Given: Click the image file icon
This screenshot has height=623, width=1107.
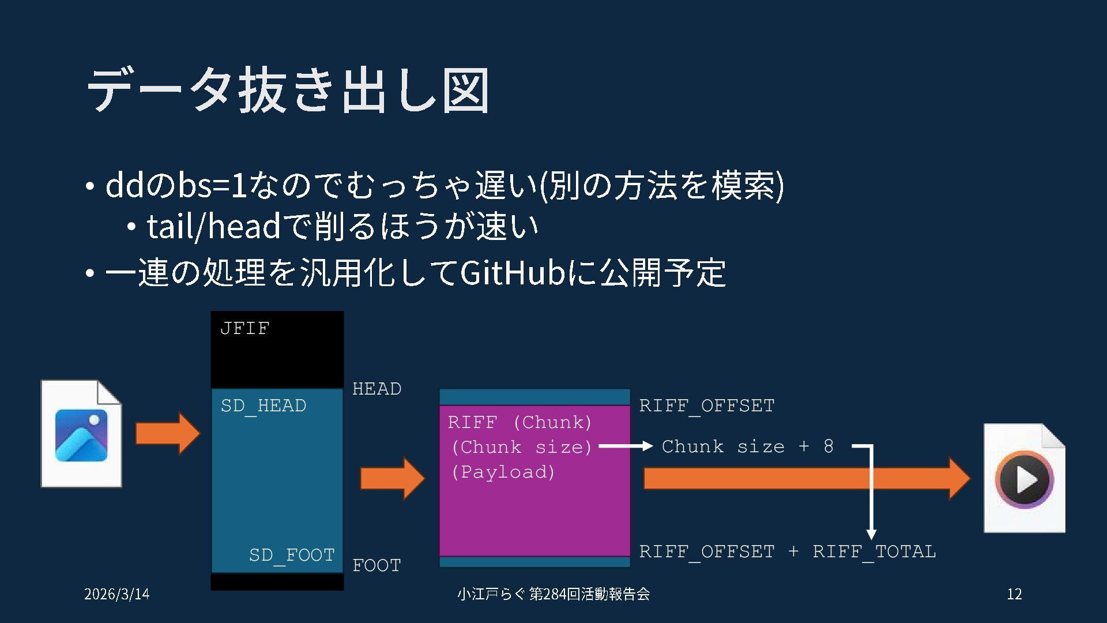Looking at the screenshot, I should pos(81,434).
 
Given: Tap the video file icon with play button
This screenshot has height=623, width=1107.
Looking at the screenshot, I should pos(1024,478).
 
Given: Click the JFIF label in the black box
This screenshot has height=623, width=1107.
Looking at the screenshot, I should pos(245,328).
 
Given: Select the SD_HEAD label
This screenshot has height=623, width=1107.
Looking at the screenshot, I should pos(263,406).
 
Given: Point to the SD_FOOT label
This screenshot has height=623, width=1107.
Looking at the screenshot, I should pos(292,555).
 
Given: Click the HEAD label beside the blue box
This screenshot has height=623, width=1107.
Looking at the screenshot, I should pos(376,389).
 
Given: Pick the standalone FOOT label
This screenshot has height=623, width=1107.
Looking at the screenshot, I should pos(376,565).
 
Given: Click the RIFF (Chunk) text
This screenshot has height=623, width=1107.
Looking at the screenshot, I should pos(519,422).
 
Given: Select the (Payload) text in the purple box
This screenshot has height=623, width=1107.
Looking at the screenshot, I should pos(503,472).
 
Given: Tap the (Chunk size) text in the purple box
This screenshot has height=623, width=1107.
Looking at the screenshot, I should pos(522,447).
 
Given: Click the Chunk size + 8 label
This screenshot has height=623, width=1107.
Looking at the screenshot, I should pos(747,446).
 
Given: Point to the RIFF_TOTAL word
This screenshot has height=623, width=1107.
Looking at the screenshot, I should pos(874,551).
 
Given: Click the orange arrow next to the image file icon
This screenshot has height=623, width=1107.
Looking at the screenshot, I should pos(167,433).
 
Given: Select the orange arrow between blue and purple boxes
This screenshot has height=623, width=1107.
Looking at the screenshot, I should pos(392,478).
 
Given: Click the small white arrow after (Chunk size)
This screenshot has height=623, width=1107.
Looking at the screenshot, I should pos(626,446).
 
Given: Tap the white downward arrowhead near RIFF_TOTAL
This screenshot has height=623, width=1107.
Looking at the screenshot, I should pos(871,534).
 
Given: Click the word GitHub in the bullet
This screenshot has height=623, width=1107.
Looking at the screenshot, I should pos(512,273).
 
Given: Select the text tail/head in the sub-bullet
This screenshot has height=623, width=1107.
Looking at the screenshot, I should pos(213,226).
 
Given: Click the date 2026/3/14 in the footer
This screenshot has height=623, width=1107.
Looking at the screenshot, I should pos(117,594).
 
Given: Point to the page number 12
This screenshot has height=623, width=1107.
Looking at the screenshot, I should pos(1014,594).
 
